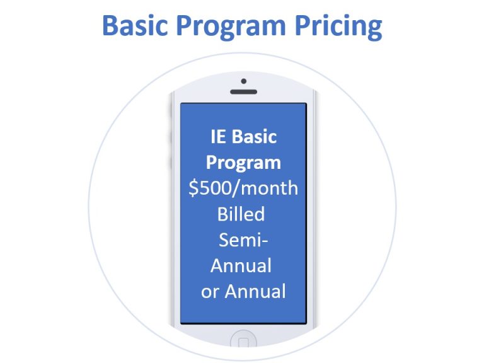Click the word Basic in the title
[135, 25]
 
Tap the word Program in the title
[231, 28]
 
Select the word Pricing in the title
[338, 28]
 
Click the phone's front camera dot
[243, 81]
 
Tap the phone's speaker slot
[243, 91]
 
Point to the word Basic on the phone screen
[255, 137]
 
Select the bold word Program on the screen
[243, 163]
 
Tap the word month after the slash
[270, 188]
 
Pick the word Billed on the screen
[241, 214]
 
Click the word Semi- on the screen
[243, 240]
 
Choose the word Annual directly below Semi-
[241, 265]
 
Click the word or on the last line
[210, 292]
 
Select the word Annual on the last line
[255, 291]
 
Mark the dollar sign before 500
[193, 188]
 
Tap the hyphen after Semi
[265, 242]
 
